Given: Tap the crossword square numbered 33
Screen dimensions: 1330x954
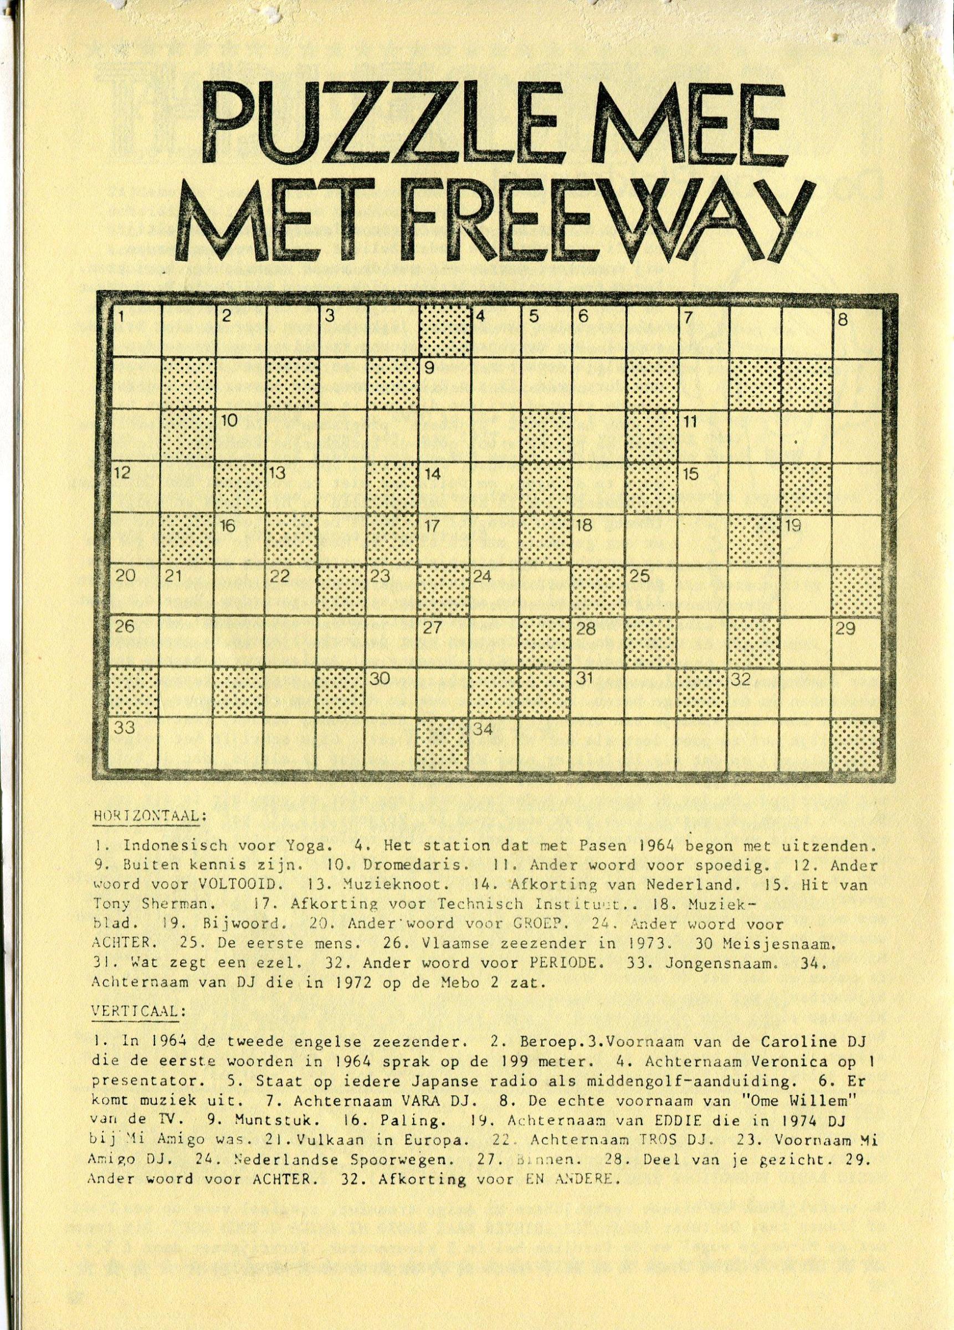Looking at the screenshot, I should tap(135, 744).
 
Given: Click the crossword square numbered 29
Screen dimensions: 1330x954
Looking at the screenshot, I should tap(856, 642).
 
